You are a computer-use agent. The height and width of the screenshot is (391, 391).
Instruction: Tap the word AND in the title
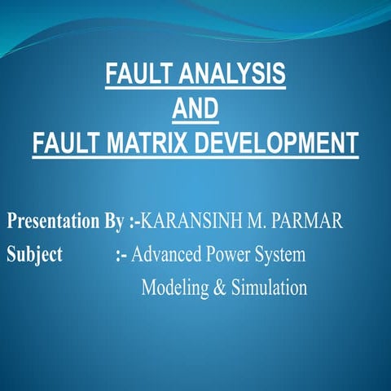tap(195, 109)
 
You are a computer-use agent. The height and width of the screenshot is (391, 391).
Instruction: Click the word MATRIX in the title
tap(143, 143)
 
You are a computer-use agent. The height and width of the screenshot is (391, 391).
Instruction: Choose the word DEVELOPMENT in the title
tap(273, 143)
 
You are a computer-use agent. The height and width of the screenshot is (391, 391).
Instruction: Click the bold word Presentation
tap(55, 222)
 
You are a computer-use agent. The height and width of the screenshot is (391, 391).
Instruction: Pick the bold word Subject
tap(35, 255)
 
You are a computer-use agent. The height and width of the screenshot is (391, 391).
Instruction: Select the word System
tap(282, 255)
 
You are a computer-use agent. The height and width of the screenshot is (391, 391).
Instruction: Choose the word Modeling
tap(173, 288)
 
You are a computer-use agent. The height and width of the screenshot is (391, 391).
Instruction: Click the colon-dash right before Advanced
tap(121, 255)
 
